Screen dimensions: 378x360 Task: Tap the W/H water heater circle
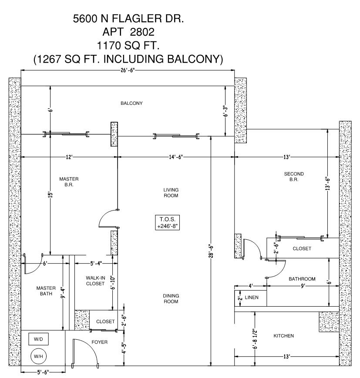[x=38, y=356]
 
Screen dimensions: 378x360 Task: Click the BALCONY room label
[x=131, y=103]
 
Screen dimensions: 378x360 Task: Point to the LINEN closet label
[x=251, y=298]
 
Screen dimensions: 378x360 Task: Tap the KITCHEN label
[x=283, y=336]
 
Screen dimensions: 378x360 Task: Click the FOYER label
[x=99, y=342]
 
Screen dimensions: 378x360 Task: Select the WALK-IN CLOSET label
[x=95, y=281]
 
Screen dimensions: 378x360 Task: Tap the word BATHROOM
[x=302, y=279]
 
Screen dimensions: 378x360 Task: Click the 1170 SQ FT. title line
[x=129, y=45]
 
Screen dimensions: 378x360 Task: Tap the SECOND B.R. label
[x=294, y=177]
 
